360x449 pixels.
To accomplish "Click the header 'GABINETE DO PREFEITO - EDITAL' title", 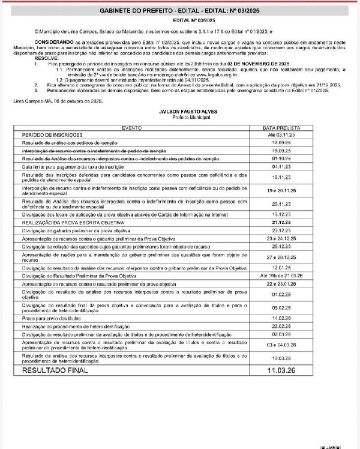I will (180, 12).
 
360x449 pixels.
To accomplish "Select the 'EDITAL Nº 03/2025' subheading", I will (180, 20).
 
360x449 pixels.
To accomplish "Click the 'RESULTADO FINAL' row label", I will (55, 371).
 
